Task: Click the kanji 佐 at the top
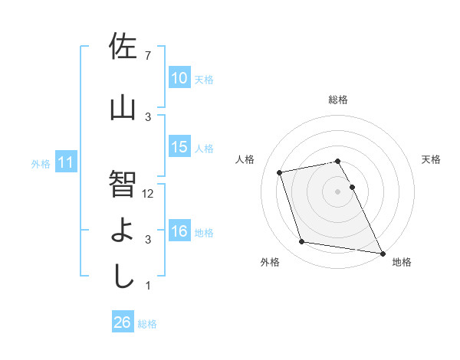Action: coord(123,48)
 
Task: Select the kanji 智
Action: coord(123,184)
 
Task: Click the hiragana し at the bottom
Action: coord(123,276)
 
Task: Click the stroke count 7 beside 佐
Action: coord(148,56)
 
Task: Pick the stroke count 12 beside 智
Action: coord(149,194)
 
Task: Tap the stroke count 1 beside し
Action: coord(148,286)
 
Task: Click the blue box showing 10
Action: coord(179,78)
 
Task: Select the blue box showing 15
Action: coord(179,147)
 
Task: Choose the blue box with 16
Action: coord(179,231)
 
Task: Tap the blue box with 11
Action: coord(66,162)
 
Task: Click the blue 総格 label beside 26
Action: coord(147,324)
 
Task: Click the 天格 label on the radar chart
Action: coord(431,159)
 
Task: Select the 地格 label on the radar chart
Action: coord(402,262)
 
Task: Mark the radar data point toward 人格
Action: coord(280,172)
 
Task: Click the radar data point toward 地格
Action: coord(383,252)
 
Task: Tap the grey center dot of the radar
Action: coord(337,191)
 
